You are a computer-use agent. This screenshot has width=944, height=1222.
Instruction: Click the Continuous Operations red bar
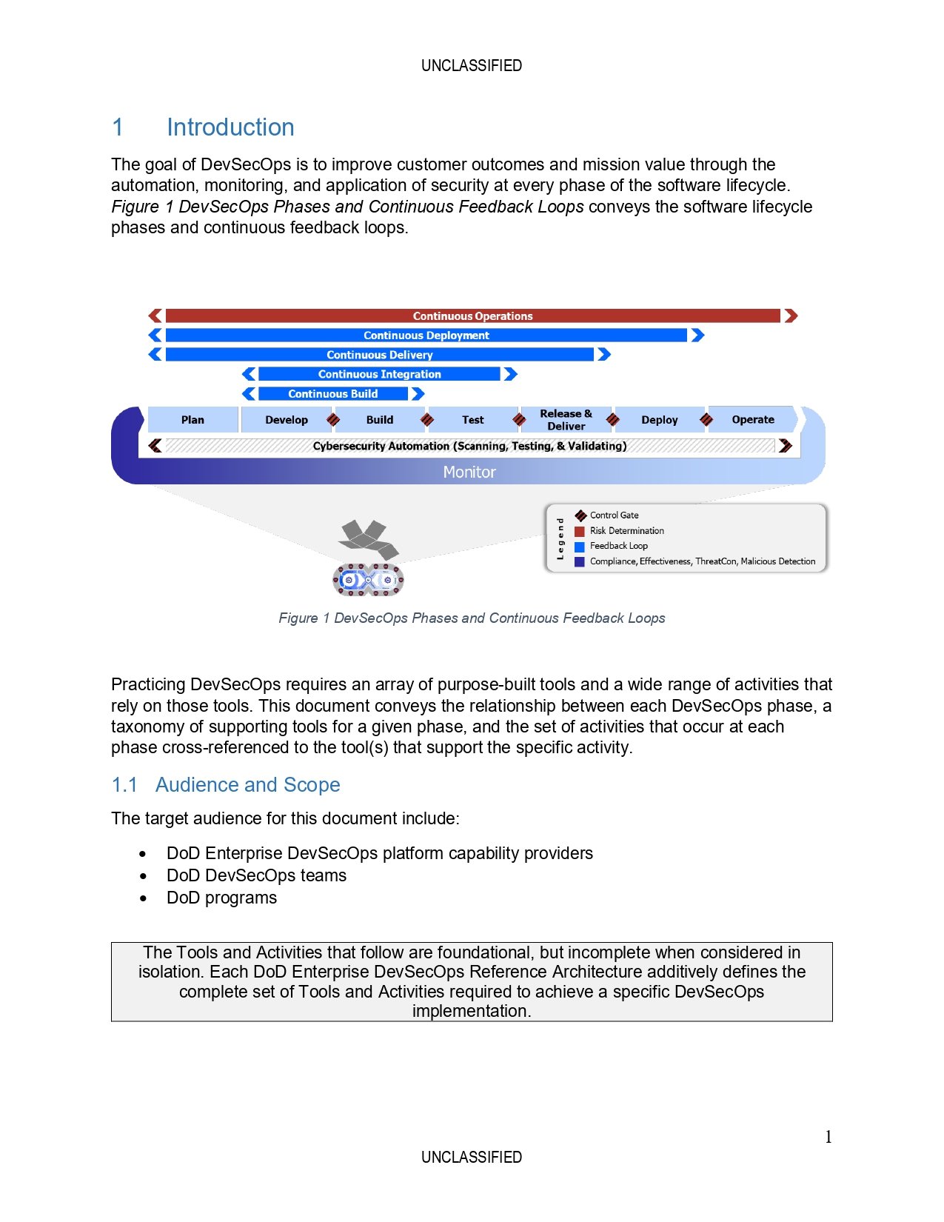(472, 316)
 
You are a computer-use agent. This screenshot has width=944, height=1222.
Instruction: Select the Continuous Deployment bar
(426, 335)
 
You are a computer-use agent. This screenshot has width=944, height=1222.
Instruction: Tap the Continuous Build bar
(332, 394)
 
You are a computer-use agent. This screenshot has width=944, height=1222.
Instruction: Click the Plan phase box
(193, 420)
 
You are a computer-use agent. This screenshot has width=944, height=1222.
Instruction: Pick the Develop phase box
(286, 420)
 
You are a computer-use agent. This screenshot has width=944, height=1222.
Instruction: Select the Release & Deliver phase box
(566, 420)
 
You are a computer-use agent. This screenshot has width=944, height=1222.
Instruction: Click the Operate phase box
(753, 420)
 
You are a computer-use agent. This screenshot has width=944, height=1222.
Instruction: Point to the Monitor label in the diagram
(469, 473)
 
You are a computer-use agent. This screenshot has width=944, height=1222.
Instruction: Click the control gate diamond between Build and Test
(426, 420)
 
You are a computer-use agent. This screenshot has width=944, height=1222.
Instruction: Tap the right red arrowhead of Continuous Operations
(791, 316)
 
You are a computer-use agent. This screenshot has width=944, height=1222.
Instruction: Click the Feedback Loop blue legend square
(580, 547)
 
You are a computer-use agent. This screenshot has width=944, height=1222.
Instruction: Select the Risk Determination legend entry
(626, 531)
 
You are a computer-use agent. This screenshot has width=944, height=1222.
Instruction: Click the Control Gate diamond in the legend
(580, 515)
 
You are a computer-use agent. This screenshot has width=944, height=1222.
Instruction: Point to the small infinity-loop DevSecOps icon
(368, 580)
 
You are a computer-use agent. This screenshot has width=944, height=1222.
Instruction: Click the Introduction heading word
(230, 127)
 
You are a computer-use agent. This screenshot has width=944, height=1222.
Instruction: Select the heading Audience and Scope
(247, 785)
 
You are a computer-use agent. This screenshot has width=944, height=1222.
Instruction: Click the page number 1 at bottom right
(828, 1137)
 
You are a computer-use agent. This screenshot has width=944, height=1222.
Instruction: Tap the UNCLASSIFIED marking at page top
(472, 66)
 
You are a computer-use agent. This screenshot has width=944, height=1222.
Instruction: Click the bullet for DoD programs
(143, 898)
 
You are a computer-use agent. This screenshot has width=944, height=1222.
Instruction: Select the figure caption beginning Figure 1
(472, 618)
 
